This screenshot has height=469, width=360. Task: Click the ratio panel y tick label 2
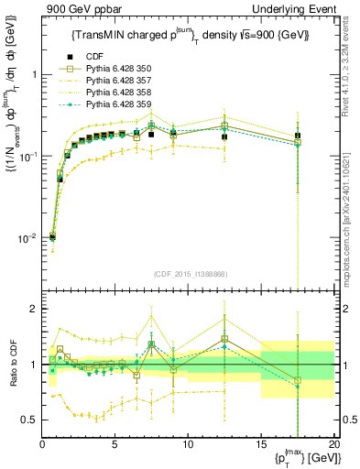click(x=34, y=310)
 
